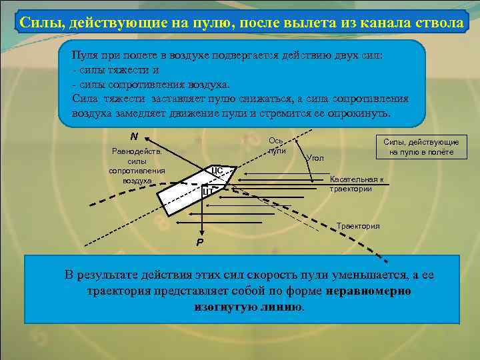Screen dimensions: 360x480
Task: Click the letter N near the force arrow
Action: pos(134,136)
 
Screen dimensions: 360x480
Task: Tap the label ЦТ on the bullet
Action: pos(207,192)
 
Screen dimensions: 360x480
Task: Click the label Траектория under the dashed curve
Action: pos(358,226)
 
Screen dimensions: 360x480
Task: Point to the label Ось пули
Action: pos(277,145)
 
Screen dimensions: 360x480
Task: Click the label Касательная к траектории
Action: pos(357,184)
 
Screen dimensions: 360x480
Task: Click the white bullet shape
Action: pos(193,190)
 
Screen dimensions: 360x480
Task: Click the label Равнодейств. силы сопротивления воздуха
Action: pos(137,165)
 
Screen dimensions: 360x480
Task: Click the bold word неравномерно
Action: pos(369,291)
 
